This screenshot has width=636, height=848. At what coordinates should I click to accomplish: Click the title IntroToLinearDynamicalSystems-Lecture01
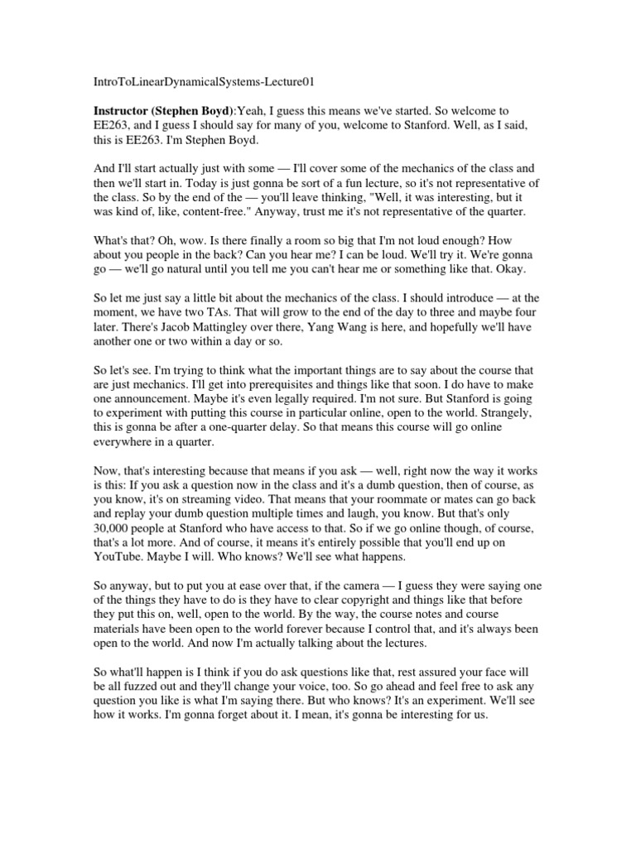click(x=202, y=82)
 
